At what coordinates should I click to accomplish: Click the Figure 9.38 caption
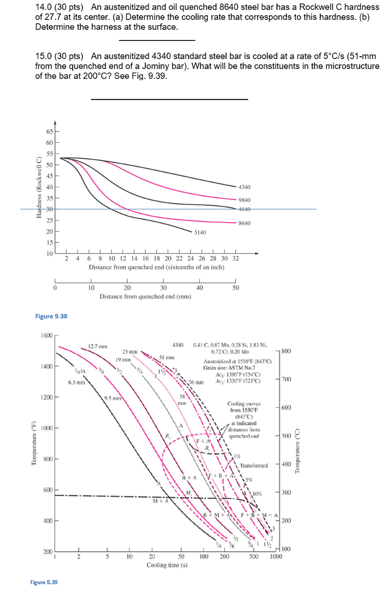(52, 316)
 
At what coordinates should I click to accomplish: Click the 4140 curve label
(245, 209)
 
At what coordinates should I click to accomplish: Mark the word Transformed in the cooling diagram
(254, 466)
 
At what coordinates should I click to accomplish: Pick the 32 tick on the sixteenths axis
(235, 258)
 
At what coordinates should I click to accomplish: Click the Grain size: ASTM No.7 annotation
(224, 367)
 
